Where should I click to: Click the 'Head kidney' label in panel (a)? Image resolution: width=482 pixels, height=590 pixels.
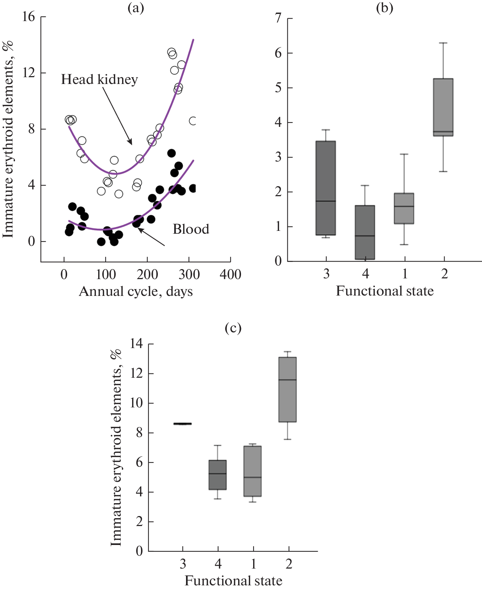click(x=99, y=79)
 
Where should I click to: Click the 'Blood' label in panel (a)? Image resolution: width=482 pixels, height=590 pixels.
click(x=191, y=229)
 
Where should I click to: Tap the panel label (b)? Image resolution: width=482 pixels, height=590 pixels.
click(x=385, y=8)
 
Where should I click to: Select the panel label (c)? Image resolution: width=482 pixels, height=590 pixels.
click(x=233, y=328)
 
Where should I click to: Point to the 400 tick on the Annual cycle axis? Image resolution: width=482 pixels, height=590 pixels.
click(x=230, y=274)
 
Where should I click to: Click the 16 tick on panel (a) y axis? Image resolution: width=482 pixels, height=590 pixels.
click(x=29, y=17)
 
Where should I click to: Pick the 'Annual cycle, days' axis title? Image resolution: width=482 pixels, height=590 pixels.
click(x=136, y=292)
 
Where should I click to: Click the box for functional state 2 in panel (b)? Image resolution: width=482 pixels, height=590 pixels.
click(x=443, y=107)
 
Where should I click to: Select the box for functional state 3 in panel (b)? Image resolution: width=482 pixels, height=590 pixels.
click(x=326, y=188)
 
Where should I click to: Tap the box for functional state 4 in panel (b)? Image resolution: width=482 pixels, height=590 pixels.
click(x=365, y=232)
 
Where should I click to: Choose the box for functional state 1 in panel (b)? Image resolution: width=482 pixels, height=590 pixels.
click(x=404, y=208)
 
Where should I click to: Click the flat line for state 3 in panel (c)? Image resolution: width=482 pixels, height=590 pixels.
click(x=182, y=424)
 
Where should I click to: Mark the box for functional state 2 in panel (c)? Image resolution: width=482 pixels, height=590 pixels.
click(x=287, y=390)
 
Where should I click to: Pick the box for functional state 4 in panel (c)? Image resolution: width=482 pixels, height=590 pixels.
click(x=217, y=475)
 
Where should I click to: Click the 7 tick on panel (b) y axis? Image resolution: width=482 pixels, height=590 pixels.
click(x=278, y=18)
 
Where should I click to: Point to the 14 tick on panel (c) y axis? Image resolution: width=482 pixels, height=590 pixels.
click(x=136, y=344)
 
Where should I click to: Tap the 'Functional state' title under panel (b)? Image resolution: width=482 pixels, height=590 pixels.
click(x=385, y=291)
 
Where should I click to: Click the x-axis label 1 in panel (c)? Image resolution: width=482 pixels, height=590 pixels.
click(x=253, y=564)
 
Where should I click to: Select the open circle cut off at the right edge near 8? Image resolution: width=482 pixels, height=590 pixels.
click(x=193, y=121)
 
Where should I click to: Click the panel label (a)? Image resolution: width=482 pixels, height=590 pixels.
click(x=136, y=8)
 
